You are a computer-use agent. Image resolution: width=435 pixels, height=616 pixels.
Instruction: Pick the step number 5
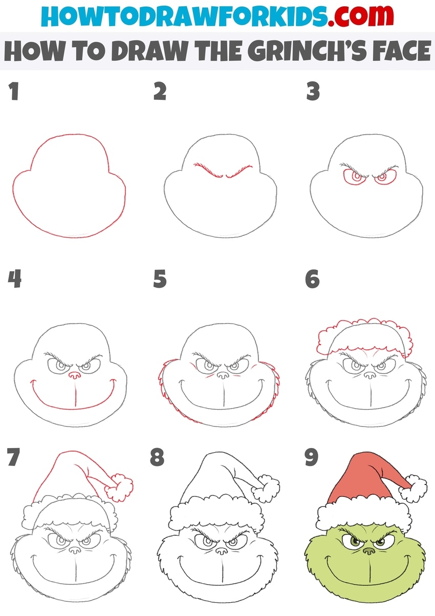click(160, 279)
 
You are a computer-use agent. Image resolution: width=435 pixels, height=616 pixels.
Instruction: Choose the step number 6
click(313, 279)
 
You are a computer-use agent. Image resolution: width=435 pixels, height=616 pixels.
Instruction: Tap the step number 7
click(14, 457)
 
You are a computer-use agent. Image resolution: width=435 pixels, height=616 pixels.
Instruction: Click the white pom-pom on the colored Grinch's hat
click(413, 489)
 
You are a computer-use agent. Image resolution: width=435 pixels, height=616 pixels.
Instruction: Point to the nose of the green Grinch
click(368, 550)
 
